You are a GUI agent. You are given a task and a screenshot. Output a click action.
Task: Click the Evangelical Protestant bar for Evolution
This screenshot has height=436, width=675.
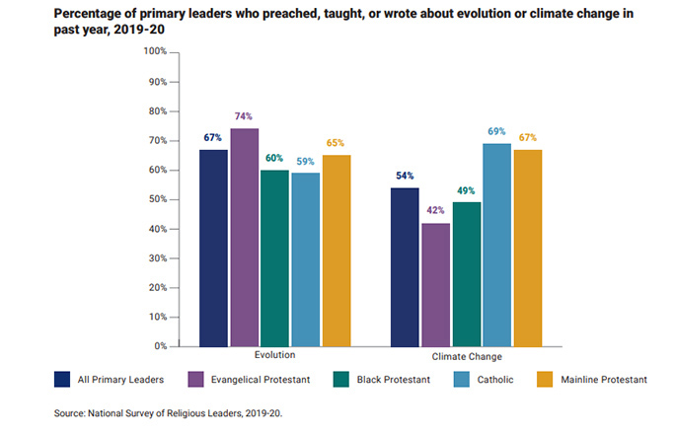coord(244,237)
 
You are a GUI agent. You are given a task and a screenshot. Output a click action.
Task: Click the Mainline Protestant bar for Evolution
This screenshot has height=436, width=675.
coord(336,251)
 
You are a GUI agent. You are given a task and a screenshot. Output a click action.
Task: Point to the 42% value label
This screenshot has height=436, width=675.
coord(435,210)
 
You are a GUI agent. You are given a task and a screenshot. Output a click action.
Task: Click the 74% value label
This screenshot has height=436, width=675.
coord(244,116)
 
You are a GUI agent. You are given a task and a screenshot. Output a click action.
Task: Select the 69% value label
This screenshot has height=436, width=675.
coord(496,131)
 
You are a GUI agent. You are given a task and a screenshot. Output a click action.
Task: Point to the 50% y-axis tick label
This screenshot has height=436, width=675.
coord(155,199)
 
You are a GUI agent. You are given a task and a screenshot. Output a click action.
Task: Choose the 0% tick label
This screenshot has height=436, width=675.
coord(158,346)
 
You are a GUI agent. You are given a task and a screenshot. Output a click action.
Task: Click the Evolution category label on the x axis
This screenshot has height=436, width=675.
coord(274,355)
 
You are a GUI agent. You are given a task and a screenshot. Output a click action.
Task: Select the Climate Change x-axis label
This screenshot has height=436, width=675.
coord(466,356)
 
